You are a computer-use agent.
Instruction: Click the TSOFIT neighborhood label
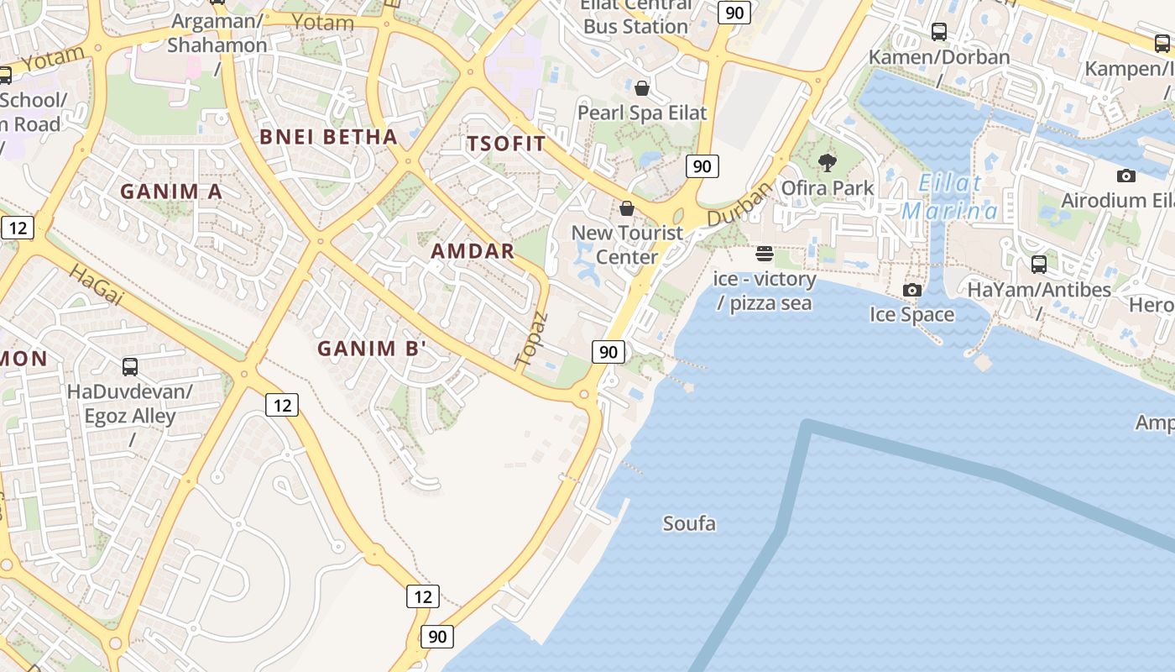click(x=506, y=144)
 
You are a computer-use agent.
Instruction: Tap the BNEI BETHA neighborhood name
click(x=328, y=137)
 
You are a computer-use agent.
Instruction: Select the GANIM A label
click(x=171, y=192)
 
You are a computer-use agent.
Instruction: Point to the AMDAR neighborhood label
click(x=473, y=251)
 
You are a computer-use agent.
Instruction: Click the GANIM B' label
click(x=372, y=349)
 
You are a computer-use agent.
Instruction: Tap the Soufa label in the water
click(x=689, y=524)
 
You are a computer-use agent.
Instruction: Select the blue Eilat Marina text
click(x=950, y=197)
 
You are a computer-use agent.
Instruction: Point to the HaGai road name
click(x=97, y=285)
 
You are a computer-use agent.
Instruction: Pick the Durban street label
click(x=739, y=205)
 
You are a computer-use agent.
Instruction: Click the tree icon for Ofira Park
click(x=828, y=163)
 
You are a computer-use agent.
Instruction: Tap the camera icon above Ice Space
click(x=911, y=290)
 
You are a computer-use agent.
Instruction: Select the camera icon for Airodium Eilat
click(x=1126, y=176)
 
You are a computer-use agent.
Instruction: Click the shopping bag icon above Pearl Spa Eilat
click(x=642, y=88)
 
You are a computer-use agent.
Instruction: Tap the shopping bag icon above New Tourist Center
click(x=627, y=208)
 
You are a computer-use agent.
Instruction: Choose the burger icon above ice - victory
click(x=764, y=254)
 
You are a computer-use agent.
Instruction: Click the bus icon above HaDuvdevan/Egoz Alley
click(x=130, y=366)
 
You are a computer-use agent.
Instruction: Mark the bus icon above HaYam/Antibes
click(x=1039, y=265)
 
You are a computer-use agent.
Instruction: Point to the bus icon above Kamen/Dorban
click(x=939, y=32)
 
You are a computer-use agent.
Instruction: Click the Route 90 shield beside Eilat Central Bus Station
click(x=735, y=12)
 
